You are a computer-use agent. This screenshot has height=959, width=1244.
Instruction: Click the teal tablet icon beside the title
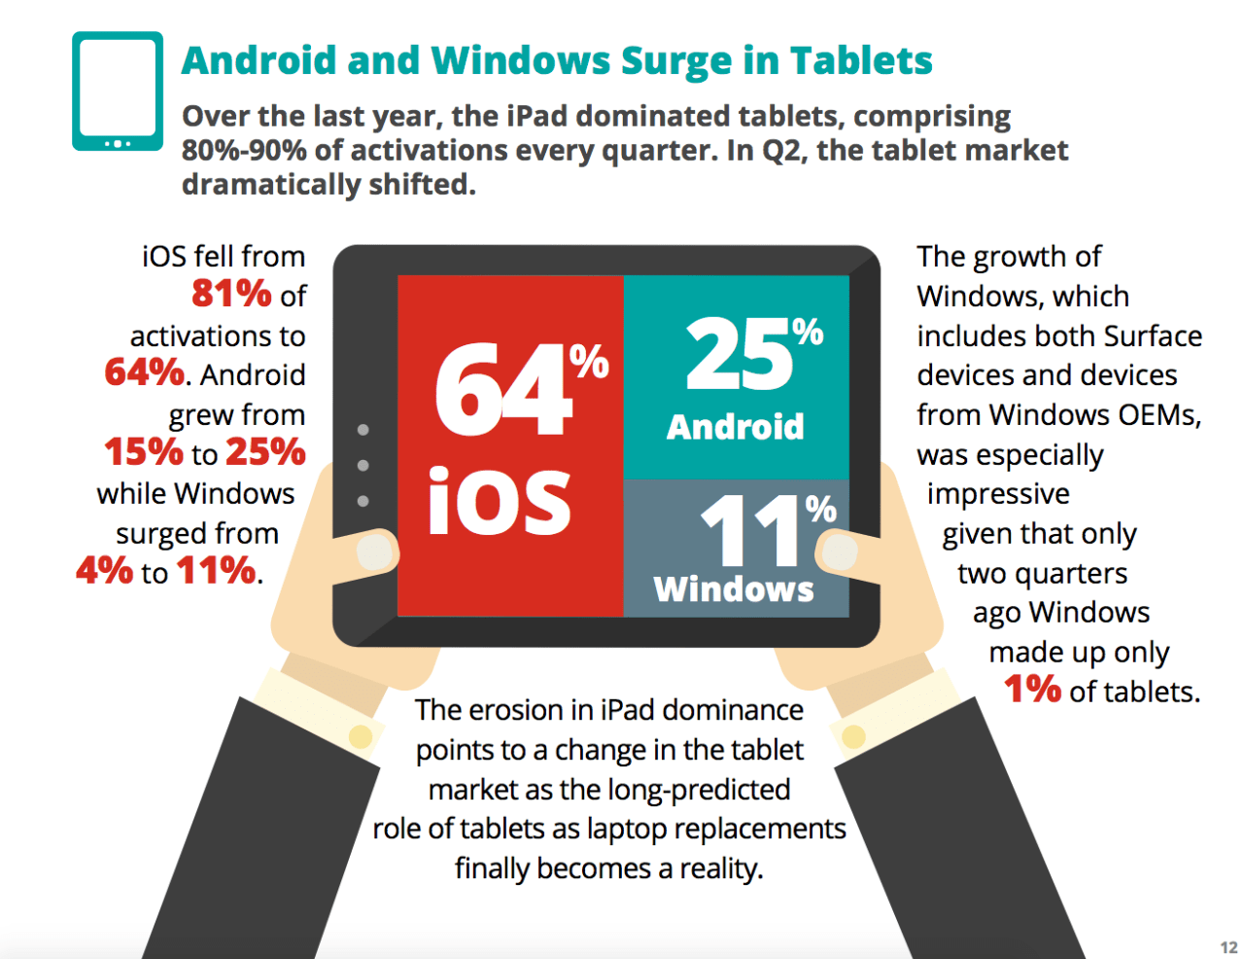pos(118,91)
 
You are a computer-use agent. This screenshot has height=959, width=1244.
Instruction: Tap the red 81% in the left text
pos(231,294)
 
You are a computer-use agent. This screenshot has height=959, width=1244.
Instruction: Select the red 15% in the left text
pos(144,452)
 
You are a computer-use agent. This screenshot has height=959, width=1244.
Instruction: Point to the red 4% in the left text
pos(104,571)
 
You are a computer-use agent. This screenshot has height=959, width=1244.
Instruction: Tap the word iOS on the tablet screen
pos(500,502)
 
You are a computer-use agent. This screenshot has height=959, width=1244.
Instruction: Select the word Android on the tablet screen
pos(735,427)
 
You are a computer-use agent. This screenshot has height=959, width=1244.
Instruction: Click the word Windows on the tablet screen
pos(734,589)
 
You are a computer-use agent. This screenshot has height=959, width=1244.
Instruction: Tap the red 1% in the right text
pos(1032,690)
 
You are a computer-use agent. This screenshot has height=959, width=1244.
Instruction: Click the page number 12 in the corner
pos(1228,946)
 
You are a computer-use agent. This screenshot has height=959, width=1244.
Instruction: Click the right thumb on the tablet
pos(838,552)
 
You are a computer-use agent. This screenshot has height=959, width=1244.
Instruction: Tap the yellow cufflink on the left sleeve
pos(361,736)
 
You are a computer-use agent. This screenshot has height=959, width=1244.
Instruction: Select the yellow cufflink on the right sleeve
pos(854,736)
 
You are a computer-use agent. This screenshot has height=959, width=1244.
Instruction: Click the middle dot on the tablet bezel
pos(363,466)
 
